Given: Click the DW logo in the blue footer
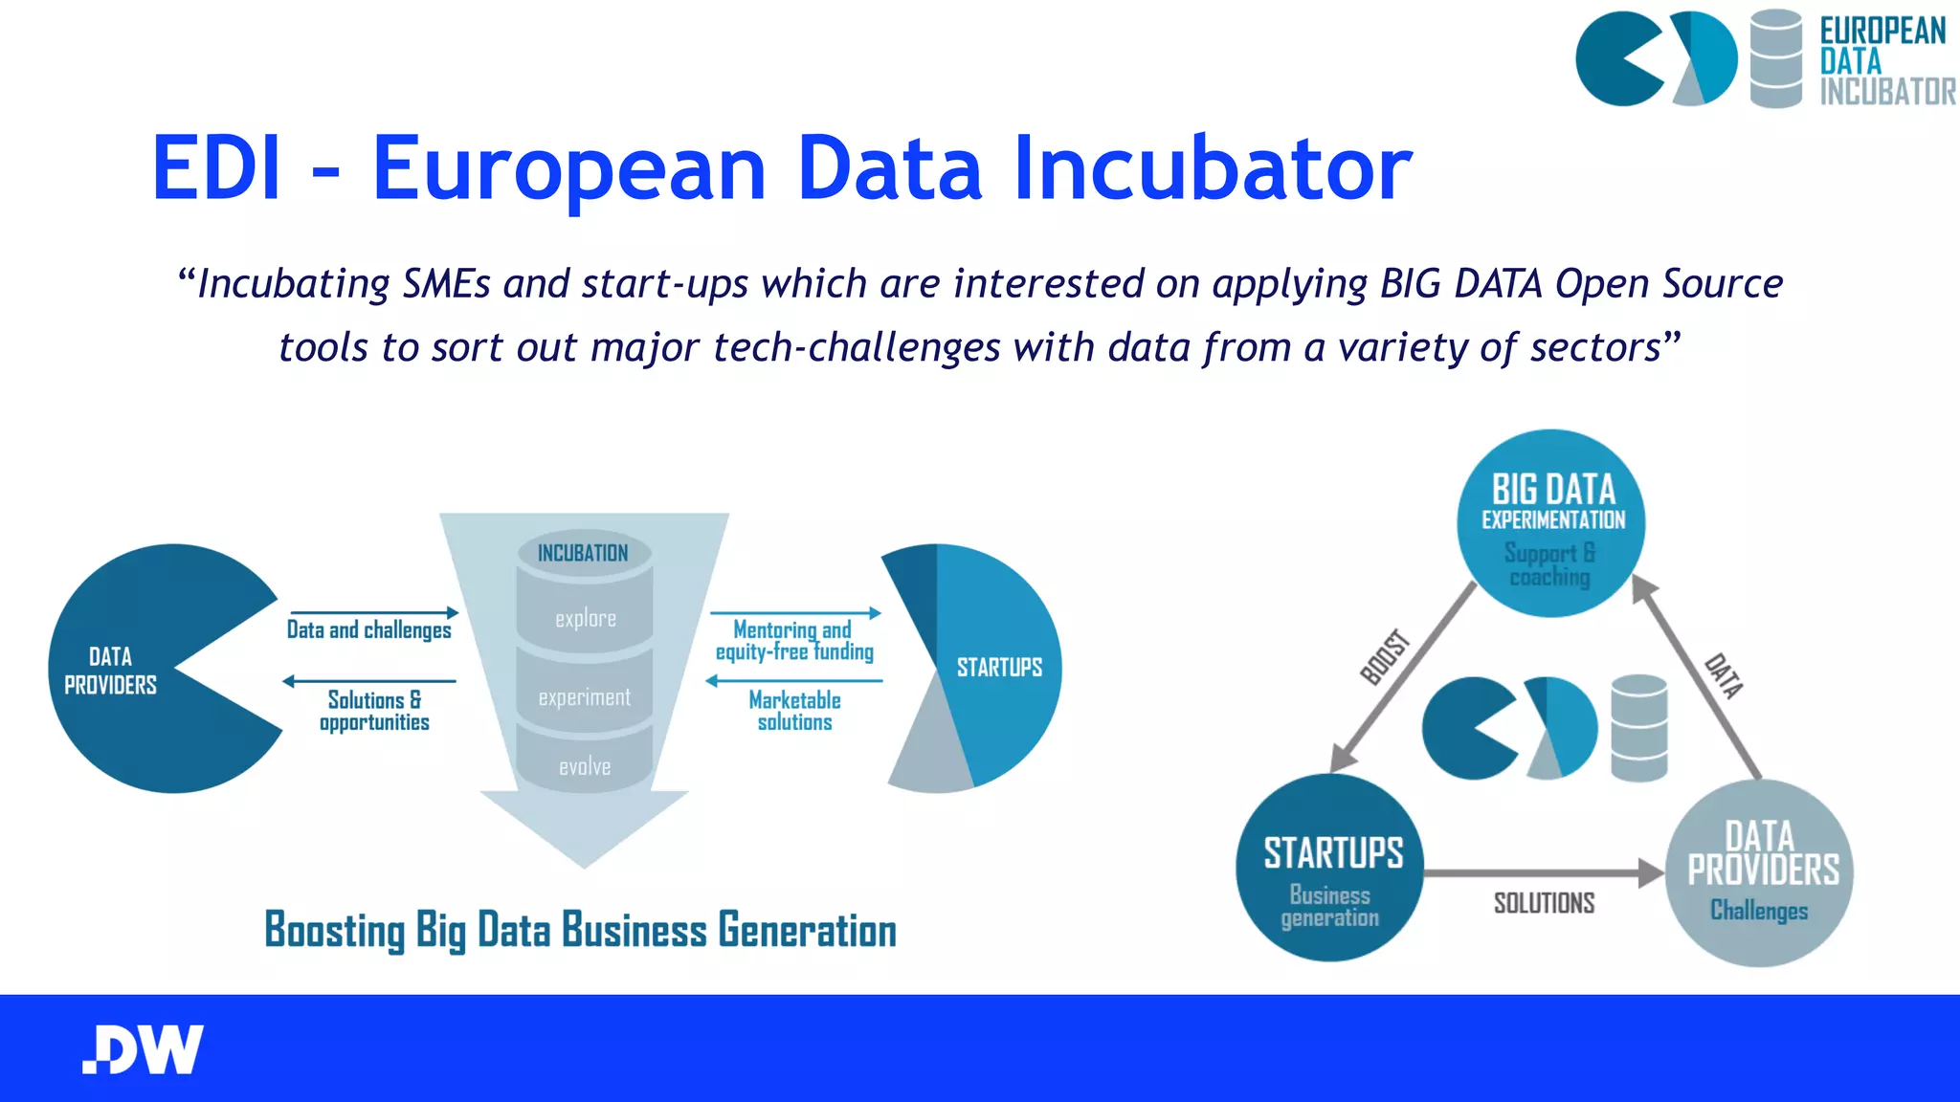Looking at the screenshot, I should coord(144,1049).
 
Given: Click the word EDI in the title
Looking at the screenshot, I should coord(217,168).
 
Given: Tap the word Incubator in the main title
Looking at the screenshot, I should coord(1213,168).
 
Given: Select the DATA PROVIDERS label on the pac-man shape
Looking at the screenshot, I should coord(110,671).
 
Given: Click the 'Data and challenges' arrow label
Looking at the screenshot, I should coord(369,629).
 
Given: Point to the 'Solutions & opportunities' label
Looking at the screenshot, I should coord(374,711).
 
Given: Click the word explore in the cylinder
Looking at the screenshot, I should coord(586,619).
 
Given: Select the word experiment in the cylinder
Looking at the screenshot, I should coord(585,697).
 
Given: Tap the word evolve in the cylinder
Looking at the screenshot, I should coord(585,766).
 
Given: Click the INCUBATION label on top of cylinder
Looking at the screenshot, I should coord(583,553).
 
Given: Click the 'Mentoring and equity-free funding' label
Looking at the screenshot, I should coord(794,641).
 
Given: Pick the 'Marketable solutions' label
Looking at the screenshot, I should coord(794,711).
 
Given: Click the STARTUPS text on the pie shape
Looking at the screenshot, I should coord(999,667).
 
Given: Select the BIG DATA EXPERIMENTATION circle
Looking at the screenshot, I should coord(1551,523).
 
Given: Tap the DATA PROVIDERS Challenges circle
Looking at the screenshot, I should coord(1760,872).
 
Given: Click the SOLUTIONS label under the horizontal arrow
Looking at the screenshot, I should coord(1544,903).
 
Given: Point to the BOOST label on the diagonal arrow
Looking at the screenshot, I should coord(1386,657).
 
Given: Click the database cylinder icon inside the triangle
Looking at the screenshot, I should coord(1639,727).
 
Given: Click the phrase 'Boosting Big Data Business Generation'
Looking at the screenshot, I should coord(580,931).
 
